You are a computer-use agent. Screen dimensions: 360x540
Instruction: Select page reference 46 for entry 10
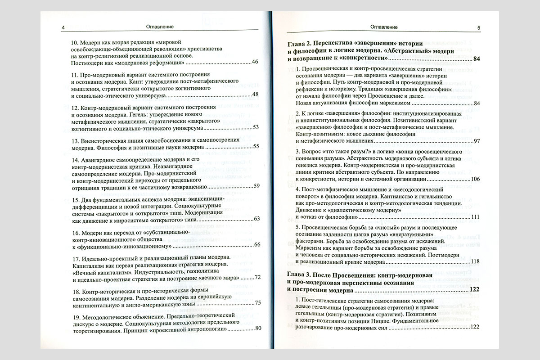[x=255, y=62]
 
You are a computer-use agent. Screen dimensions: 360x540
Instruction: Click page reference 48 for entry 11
[x=255, y=94]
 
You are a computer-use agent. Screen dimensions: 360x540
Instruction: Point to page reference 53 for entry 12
[x=255, y=127]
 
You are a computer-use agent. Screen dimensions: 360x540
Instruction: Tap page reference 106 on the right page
[x=476, y=180]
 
